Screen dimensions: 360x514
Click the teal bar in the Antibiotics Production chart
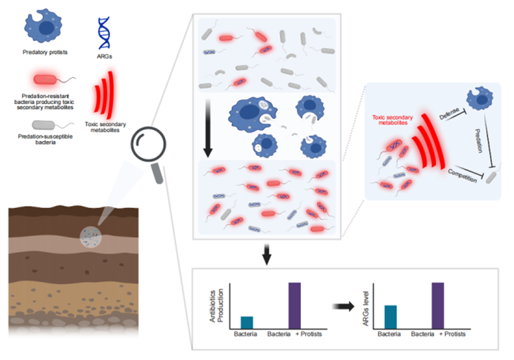(247, 322)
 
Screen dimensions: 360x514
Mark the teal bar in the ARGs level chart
(390, 316)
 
